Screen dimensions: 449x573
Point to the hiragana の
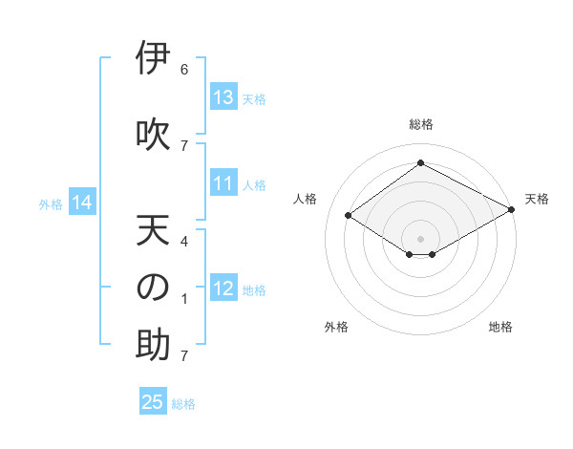pos(152,289)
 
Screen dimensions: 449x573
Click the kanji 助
pos(152,346)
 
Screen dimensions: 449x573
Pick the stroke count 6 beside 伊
pos(184,70)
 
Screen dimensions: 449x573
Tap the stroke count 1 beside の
pos(184,299)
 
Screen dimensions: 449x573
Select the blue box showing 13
pos(223,97)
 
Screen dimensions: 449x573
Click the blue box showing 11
pos(223,184)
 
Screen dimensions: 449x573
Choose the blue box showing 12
pos(223,289)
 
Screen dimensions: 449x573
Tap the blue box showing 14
pos(82,203)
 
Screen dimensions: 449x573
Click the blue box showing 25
pos(153,402)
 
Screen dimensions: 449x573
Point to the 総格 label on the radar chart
pos(420,124)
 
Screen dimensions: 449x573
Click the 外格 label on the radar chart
pos(336,327)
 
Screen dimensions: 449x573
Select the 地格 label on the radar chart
pos(500,327)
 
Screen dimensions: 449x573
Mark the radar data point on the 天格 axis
pos(512,211)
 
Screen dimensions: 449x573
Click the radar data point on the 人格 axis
pos(349,216)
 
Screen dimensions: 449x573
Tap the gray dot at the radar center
pos(420,237)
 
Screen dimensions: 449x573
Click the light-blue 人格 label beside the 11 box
pos(254,185)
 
